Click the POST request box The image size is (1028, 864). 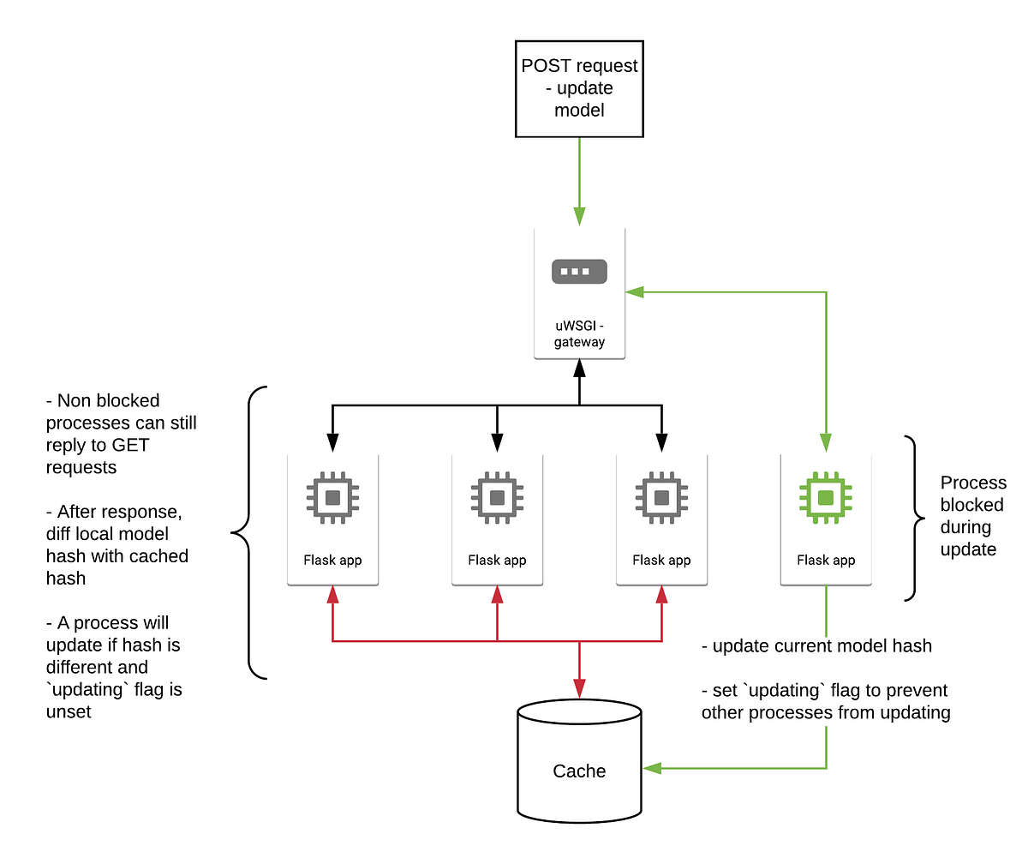(579, 87)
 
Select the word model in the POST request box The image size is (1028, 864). (579, 111)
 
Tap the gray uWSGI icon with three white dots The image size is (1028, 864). (579, 272)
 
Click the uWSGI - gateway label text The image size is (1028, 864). (579, 333)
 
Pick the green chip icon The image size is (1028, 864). (825, 497)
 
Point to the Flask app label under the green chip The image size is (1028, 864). (825, 561)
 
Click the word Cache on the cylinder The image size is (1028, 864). (579, 771)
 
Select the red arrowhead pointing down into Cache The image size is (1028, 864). (579, 687)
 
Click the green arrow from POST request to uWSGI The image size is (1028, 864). (579, 180)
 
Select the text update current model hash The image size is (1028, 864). (822, 646)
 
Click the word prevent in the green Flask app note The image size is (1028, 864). (916, 690)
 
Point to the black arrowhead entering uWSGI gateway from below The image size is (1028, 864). (579, 369)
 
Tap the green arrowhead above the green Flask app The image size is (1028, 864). (825, 442)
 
